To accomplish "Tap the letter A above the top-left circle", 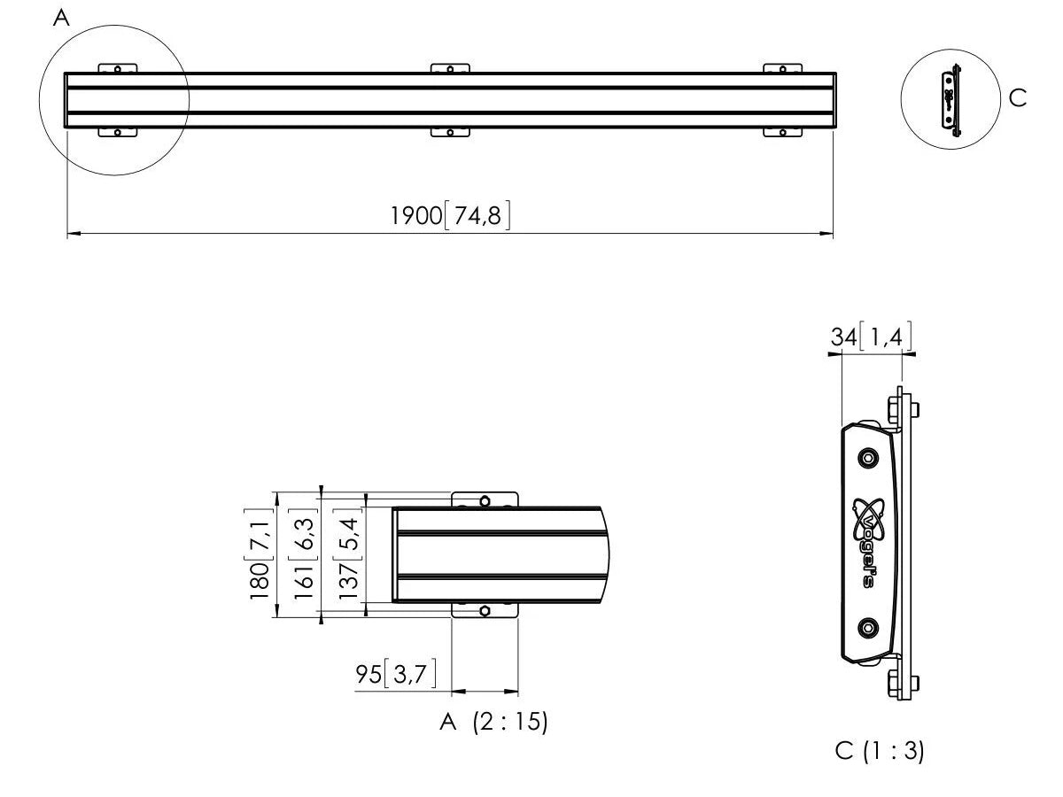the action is point(61,19).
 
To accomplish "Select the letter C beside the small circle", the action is point(1018,98).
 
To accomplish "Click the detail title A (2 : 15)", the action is point(493,722).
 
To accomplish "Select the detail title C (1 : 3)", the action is point(880,751).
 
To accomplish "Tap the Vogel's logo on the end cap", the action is point(869,543).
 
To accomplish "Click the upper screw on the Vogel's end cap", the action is point(868,458).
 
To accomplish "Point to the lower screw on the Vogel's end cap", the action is point(868,629).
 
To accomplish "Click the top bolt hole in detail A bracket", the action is point(485,501).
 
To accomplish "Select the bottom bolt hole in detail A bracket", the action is point(485,611).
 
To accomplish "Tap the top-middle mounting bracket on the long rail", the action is point(450,68).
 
